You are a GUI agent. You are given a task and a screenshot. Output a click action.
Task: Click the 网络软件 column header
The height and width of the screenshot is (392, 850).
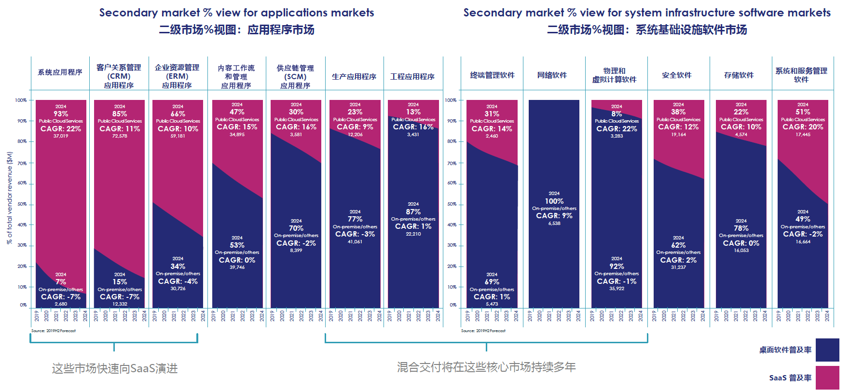552,75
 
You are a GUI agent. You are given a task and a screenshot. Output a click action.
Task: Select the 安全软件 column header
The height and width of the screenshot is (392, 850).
676,75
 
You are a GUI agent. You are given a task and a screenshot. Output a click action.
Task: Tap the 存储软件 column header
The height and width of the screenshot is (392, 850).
739,75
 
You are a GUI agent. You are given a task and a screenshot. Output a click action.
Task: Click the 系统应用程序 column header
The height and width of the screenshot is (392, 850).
60,72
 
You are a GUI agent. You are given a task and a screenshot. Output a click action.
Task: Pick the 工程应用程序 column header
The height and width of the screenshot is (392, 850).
412,77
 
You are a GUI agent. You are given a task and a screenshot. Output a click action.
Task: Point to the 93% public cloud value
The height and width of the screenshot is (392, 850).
61,114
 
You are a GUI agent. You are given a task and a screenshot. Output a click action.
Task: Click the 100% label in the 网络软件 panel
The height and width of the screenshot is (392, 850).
554,201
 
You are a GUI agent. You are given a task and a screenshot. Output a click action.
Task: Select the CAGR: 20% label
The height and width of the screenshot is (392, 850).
803,127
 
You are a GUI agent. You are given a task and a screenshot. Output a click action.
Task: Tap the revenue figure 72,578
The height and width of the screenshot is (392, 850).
120,136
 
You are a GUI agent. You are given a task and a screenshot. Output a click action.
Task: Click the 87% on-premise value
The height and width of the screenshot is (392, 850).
413,212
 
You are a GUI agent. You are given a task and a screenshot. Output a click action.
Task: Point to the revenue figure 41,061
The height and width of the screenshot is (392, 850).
355,242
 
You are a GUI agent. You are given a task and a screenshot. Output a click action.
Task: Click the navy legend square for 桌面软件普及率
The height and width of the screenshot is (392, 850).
827,350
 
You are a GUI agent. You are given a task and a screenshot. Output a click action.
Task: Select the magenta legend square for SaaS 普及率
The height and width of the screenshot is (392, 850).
827,378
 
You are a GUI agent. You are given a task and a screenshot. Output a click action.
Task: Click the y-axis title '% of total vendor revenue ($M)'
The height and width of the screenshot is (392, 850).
9,198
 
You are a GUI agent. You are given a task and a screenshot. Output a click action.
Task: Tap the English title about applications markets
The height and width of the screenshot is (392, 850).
236,13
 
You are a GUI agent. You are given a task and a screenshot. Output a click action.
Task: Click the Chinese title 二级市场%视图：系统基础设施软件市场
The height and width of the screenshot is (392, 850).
646,30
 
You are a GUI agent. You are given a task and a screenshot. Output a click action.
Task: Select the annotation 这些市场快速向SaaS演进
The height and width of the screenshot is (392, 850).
115,369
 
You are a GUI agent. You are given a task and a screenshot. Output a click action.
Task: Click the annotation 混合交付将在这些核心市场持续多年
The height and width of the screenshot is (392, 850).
486,367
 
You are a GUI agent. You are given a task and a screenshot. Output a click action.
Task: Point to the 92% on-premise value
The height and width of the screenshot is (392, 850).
617,266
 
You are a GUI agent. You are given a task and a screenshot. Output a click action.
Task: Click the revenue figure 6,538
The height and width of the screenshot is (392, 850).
554,224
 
